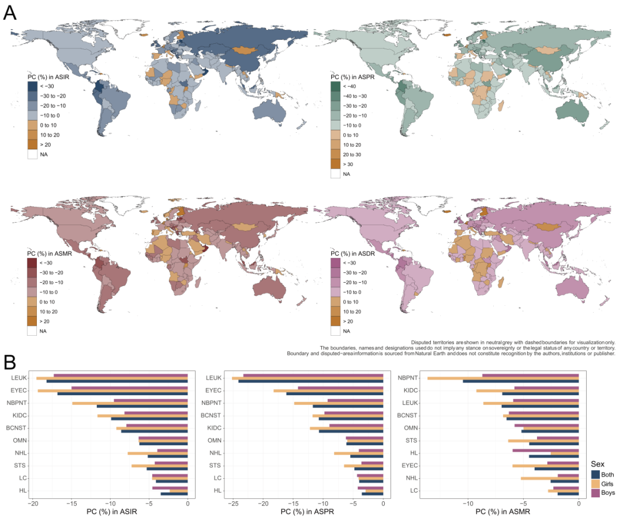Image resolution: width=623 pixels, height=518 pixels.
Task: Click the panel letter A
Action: tap(10, 13)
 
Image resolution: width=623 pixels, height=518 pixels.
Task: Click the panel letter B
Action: tap(10, 362)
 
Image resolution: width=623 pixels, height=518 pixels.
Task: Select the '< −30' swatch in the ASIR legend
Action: tap(33, 86)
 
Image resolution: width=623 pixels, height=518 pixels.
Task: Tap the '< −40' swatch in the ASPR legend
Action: tap(336, 86)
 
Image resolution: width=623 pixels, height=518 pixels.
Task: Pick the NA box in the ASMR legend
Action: tap(33, 331)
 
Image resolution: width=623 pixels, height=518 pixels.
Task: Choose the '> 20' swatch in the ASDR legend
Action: tap(336, 321)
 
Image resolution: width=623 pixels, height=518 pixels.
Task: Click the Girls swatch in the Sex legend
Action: tap(596, 483)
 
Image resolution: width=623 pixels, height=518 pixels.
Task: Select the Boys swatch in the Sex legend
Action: tap(596, 493)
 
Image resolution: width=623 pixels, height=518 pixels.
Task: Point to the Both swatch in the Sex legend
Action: tap(596, 474)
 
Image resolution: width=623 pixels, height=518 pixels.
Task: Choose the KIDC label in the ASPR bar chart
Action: tap(214, 428)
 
